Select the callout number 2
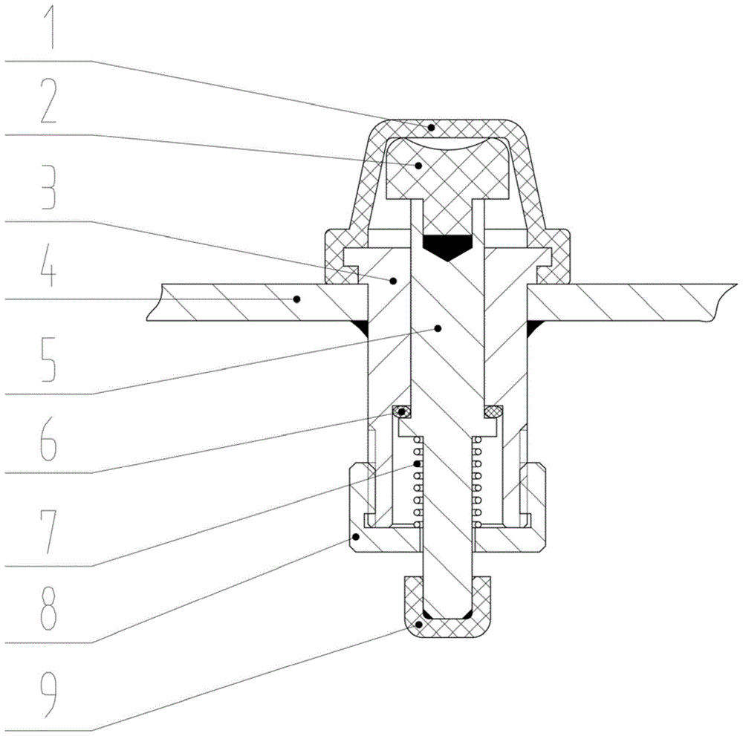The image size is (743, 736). tap(48, 101)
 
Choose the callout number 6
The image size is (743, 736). tap(48, 439)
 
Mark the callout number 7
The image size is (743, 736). tap(48, 532)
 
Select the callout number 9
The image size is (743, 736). tap(48, 694)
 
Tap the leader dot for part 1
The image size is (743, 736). tap(431, 128)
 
